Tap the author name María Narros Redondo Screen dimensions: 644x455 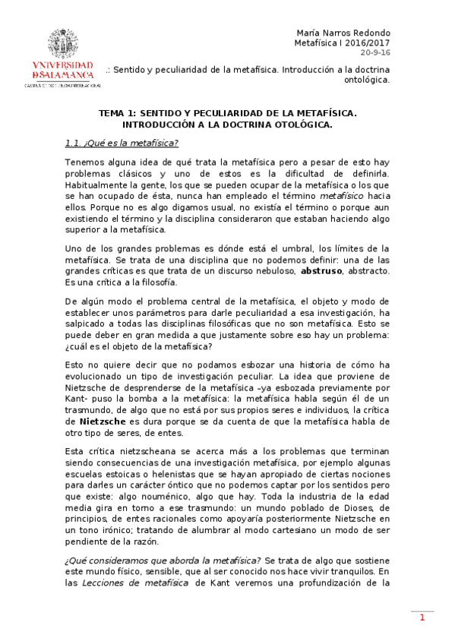pos(343,33)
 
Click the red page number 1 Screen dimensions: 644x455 pos(422,617)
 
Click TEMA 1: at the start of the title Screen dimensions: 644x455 pos(120,112)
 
